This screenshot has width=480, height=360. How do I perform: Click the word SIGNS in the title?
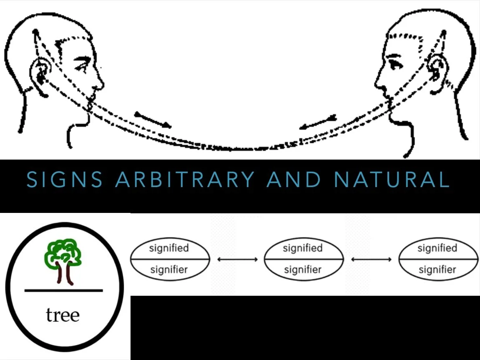coord(65,180)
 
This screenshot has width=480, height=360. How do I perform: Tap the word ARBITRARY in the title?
coord(185,180)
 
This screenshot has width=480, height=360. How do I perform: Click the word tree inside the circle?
coord(63,315)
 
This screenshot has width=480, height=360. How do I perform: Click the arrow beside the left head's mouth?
coord(152,120)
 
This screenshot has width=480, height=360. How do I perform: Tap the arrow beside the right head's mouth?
coord(317,123)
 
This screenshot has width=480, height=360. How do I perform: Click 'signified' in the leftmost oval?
coord(169,248)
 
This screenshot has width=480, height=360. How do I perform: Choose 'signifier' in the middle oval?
coord(303,270)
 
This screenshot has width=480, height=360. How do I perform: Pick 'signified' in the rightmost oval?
coord(437,248)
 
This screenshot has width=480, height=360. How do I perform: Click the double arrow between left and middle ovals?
coord(237,260)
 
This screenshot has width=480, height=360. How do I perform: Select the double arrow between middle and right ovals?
coord(371,260)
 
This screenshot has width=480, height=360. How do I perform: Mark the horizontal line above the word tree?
coord(63,290)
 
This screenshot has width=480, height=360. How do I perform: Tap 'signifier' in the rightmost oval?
coord(437,270)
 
